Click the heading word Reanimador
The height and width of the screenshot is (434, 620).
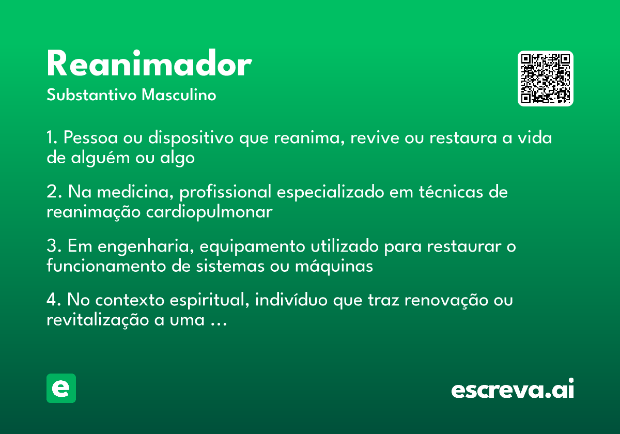[x=149, y=63]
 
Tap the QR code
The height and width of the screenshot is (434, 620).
[x=545, y=79]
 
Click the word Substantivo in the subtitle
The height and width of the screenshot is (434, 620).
[x=91, y=95]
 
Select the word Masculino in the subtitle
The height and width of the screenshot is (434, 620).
[x=179, y=95]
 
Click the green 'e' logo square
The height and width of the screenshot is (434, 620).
[x=61, y=388]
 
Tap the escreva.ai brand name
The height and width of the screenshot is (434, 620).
[x=513, y=388]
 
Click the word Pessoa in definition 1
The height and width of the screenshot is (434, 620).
[x=90, y=137]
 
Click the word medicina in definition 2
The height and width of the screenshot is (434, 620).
[x=133, y=192]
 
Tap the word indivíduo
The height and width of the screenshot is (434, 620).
[x=291, y=300]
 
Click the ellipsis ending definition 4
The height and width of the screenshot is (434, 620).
[x=219, y=324]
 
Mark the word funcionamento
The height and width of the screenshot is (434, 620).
[x=106, y=266]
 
